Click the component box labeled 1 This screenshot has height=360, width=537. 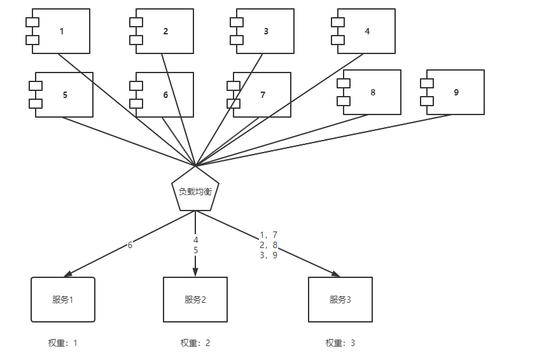pos(61,31)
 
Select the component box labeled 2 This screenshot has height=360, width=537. pos(165,31)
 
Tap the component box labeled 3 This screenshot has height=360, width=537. pos(265,31)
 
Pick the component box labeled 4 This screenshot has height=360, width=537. pos(366,31)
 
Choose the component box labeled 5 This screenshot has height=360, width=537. pos(64,95)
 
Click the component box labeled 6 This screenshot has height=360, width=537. pos(165,95)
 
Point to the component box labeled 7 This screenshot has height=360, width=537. pos(262,95)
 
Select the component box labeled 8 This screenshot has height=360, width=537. pos(372,92)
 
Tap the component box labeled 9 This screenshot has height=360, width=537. pos(456,92)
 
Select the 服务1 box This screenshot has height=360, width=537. pos(63,300)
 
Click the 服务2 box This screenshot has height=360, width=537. pos(195,300)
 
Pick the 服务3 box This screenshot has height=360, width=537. pos(340,300)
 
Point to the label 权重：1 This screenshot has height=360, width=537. pos(63,343)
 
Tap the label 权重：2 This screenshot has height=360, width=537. pos(195,343)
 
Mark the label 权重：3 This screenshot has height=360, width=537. pos(340,343)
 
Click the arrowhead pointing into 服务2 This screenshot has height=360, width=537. pos(195,272)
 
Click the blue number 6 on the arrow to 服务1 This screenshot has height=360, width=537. pos(130,245)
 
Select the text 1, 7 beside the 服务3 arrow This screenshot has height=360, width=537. pos(268,235)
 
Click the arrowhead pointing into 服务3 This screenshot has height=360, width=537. pos(335,273)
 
